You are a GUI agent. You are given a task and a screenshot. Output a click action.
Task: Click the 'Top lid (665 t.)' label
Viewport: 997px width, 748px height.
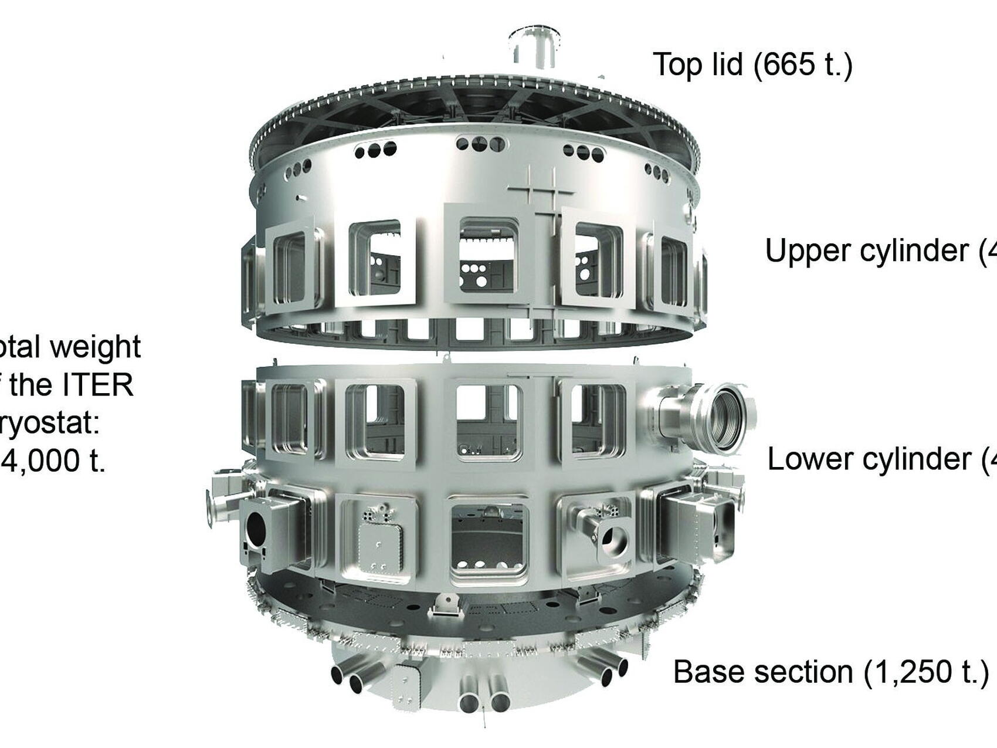point(752,64)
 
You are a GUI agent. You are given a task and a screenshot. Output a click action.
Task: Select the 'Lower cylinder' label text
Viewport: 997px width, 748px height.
point(869,459)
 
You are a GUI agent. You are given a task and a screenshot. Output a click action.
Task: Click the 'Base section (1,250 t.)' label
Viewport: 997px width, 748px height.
point(830,672)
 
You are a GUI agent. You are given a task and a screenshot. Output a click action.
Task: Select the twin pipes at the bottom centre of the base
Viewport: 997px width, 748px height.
point(483,694)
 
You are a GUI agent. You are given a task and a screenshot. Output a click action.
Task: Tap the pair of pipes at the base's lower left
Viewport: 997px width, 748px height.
point(352,678)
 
